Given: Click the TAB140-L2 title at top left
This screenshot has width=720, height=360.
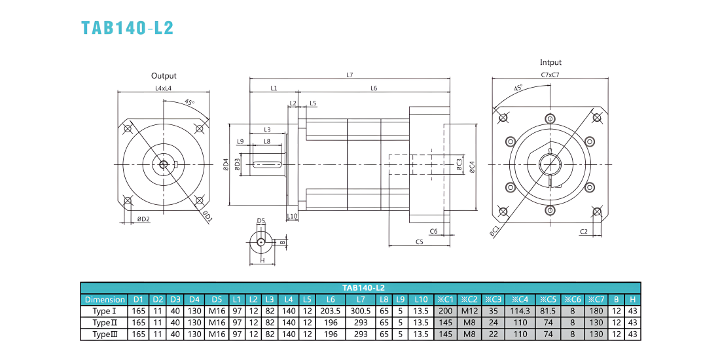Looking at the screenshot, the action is tap(127, 27).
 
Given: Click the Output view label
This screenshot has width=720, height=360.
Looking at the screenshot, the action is tap(164, 76).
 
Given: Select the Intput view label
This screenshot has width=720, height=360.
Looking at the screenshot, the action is tap(550, 62).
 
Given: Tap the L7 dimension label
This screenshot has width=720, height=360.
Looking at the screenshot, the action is tap(350, 75).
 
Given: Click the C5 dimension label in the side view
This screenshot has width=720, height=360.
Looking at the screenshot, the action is tap(419, 242).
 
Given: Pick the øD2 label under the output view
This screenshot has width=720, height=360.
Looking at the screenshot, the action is tap(144, 219).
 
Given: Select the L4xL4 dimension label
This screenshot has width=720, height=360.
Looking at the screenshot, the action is tap(163, 88).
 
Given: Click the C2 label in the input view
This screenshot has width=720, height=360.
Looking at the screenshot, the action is tap(584, 232).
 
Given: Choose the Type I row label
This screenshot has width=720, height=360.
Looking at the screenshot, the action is tap(103, 311).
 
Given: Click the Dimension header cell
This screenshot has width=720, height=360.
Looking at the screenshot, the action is tap(105, 300).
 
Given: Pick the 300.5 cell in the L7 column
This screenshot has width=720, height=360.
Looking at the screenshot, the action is tap(361, 311).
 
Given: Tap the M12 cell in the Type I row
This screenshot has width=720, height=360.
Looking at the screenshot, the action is tap(469, 311).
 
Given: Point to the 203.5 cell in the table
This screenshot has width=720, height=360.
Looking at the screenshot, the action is tap(331, 311).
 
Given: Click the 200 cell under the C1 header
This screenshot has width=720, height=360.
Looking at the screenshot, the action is tap(446, 311).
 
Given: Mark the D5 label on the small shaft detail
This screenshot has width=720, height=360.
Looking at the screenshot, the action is tap(261, 221).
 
